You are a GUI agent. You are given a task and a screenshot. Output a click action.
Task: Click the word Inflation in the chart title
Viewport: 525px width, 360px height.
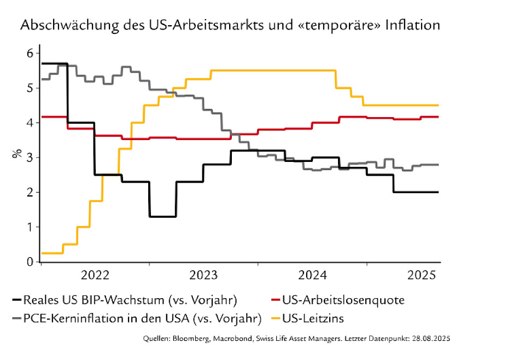(x=414, y=26)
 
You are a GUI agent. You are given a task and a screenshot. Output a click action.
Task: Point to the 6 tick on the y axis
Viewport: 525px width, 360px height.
(x=30, y=53)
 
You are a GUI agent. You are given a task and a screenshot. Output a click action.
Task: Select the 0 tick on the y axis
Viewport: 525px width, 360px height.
(x=30, y=262)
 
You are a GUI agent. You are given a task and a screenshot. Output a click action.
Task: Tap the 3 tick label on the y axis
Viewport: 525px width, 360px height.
(x=30, y=158)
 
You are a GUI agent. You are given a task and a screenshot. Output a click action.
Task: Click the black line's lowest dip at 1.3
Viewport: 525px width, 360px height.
(x=163, y=217)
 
